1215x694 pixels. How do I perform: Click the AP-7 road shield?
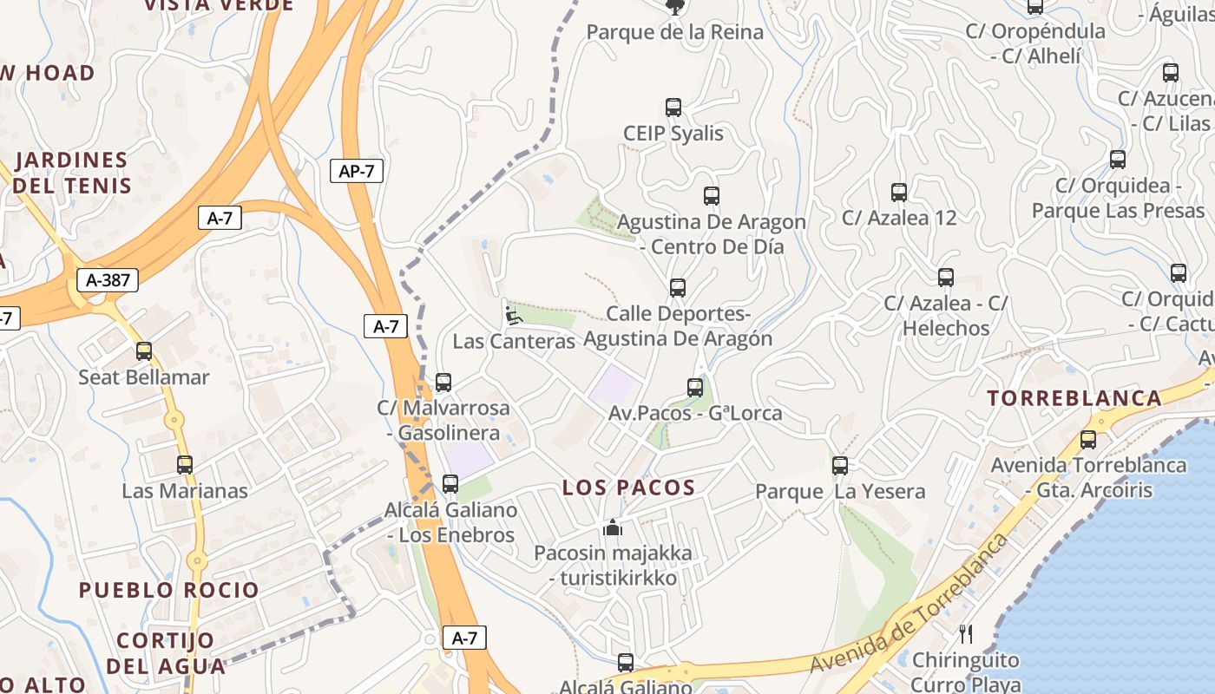[357, 171]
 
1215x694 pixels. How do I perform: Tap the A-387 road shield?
[108, 280]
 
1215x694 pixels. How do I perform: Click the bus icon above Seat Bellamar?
[144, 351]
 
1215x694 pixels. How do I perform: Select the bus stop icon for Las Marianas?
[185, 465]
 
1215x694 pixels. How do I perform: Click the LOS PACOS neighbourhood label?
[628, 488]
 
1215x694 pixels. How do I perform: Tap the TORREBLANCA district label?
[1074, 398]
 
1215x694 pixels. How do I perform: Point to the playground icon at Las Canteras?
[513, 315]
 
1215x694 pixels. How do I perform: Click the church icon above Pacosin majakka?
[613, 527]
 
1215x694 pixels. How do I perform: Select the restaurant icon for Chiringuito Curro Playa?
[966, 634]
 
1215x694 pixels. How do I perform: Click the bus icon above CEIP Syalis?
[673, 108]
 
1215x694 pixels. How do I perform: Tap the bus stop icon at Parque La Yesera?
[839, 466]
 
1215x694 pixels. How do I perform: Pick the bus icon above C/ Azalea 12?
[899, 193]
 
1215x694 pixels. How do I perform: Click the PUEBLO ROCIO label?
[169, 590]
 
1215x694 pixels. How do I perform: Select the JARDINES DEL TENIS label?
[72, 173]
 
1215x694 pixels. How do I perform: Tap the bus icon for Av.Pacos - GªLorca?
[695, 388]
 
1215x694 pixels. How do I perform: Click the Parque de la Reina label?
[674, 33]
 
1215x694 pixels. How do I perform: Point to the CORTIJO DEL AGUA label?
[165, 653]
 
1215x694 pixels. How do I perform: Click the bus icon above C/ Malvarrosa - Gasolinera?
[443, 382]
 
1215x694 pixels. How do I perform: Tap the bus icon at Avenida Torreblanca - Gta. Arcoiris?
[1088, 440]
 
